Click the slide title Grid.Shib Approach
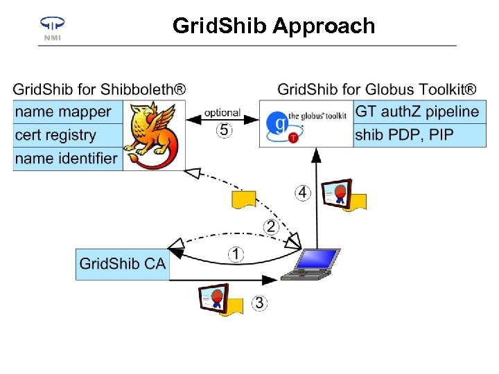274,26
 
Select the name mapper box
67,112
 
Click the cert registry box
67,135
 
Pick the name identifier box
67,158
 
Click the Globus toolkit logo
306,123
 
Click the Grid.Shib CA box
122,264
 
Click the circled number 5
224,130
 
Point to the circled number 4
302,192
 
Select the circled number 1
236,255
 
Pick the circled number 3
259,303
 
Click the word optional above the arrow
222,113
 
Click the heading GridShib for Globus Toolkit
376,89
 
